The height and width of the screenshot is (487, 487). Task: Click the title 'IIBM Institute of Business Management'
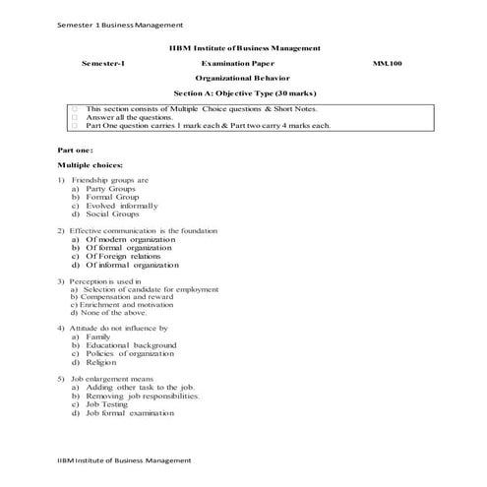click(243, 47)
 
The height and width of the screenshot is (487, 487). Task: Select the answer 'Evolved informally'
click(121, 205)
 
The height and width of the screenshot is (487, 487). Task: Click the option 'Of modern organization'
click(130, 239)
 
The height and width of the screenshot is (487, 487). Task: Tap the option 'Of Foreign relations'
click(126, 256)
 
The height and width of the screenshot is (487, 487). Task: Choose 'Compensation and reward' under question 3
click(122, 297)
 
